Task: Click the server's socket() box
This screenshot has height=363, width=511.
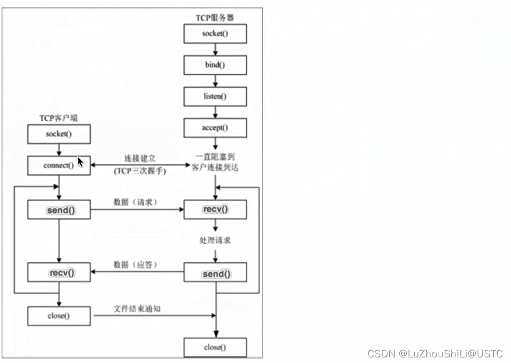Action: coord(215,33)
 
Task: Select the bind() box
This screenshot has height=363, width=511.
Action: coord(215,65)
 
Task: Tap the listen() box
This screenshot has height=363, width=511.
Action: coord(215,96)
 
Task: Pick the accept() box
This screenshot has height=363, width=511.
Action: coord(215,128)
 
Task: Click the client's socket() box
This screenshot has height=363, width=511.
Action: coord(58,134)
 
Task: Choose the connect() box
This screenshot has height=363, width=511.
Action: coord(58,165)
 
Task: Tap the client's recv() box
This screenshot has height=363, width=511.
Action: coord(58,272)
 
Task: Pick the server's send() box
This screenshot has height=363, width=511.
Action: coord(215,273)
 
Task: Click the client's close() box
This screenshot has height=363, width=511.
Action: coord(58,316)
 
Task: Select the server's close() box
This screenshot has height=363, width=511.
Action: coord(215,347)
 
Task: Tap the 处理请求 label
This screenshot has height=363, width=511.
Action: coord(215,241)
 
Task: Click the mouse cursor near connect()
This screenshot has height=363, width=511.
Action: coord(80,162)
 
